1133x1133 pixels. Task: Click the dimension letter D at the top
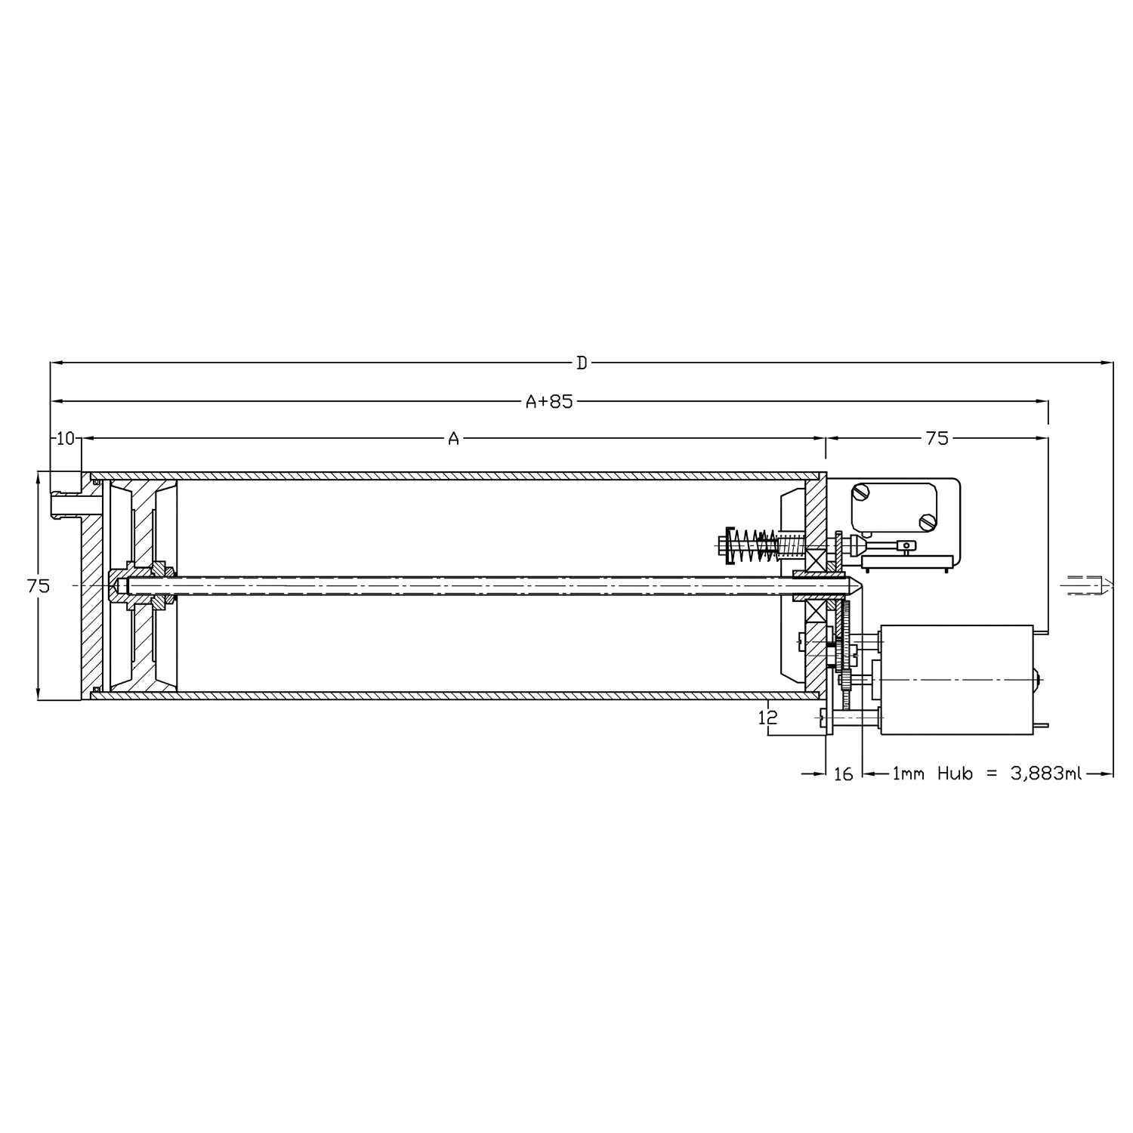(x=582, y=363)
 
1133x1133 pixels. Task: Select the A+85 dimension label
(x=549, y=401)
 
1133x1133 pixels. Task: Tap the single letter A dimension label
(x=453, y=438)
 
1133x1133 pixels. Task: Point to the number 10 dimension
(x=66, y=438)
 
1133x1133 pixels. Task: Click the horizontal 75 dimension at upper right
(x=936, y=438)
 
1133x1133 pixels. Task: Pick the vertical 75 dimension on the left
(x=38, y=585)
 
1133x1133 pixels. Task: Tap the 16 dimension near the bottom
(x=843, y=773)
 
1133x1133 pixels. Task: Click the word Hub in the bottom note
(x=955, y=773)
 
